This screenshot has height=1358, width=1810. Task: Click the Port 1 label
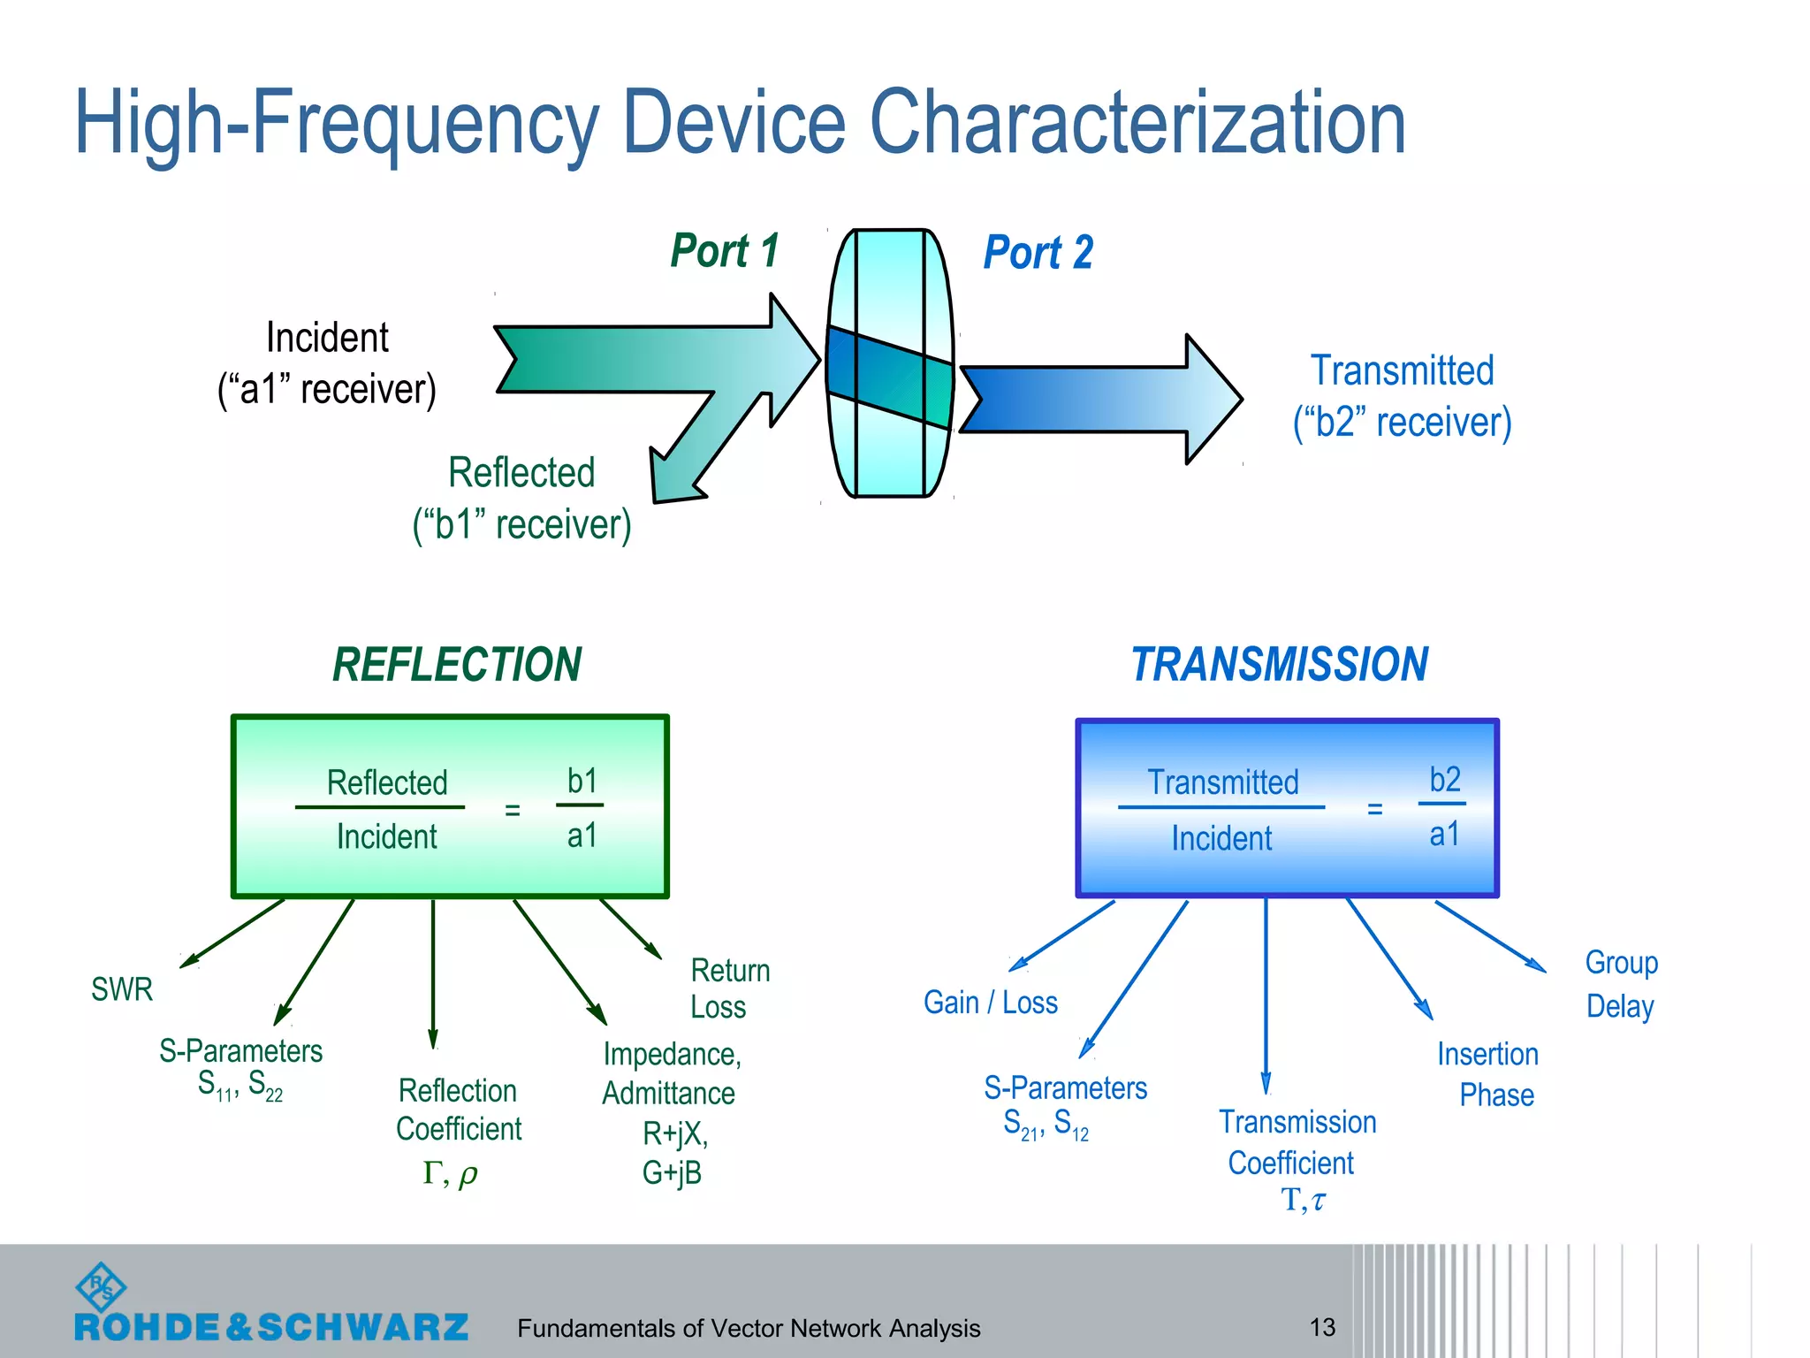click(725, 251)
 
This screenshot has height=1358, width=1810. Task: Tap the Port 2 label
click(1038, 253)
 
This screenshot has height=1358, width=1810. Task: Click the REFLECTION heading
click(457, 665)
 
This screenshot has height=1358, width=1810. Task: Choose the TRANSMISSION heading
click(1280, 665)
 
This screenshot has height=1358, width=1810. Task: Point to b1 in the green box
click(582, 782)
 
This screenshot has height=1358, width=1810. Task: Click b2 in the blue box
click(1445, 780)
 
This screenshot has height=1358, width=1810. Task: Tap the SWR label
click(122, 989)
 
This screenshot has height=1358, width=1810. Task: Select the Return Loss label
click(729, 988)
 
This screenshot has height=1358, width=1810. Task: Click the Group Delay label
click(1621, 984)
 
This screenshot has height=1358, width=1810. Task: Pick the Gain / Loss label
click(991, 1003)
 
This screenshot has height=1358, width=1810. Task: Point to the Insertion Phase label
click(1489, 1074)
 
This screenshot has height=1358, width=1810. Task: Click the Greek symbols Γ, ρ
click(450, 1173)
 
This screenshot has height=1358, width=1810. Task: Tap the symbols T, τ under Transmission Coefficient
click(1304, 1200)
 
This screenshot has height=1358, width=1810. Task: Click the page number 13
click(1322, 1327)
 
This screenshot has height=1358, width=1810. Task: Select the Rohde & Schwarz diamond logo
click(102, 1286)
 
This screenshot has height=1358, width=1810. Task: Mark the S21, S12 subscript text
click(1046, 1125)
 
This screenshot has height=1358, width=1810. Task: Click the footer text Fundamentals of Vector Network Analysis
click(749, 1328)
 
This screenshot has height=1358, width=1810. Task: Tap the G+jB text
click(672, 1173)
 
